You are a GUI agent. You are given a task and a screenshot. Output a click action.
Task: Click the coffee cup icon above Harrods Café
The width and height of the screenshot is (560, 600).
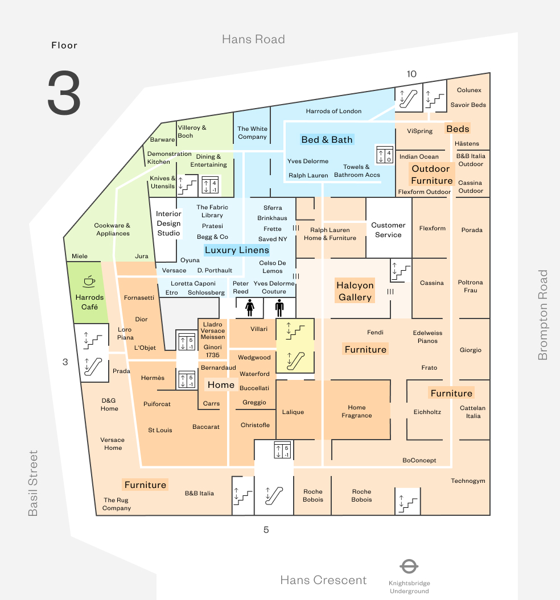[x=89, y=280]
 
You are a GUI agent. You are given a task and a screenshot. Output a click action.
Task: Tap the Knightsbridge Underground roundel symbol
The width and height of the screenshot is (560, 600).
[x=409, y=566]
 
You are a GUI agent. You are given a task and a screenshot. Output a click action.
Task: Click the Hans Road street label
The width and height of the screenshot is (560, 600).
[x=253, y=39]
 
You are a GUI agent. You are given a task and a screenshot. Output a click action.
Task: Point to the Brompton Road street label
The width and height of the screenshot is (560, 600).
[x=543, y=315]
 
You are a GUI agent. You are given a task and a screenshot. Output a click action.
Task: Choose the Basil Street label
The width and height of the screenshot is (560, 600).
[x=34, y=483]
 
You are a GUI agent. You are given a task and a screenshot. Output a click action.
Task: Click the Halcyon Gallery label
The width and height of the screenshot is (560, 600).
[x=355, y=291]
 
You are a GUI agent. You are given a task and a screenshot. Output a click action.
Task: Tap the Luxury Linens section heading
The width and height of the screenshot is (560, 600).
[x=237, y=250]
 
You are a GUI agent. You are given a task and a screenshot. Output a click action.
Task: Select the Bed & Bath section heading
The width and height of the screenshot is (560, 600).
[x=327, y=140]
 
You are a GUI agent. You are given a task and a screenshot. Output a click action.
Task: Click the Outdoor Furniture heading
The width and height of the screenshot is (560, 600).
[x=431, y=175]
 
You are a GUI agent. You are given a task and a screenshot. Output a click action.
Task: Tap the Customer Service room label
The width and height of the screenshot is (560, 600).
[x=388, y=230]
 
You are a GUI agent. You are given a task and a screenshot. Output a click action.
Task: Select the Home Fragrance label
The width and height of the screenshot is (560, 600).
[x=357, y=411]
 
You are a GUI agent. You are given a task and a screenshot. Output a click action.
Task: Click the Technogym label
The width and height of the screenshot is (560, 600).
[x=468, y=481]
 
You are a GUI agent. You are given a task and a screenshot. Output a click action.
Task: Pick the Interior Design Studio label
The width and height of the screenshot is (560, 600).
[x=168, y=224]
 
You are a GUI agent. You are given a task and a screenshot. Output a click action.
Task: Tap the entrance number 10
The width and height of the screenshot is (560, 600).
[x=411, y=74]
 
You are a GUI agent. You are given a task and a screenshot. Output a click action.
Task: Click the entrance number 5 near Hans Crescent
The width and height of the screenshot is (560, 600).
[x=266, y=530]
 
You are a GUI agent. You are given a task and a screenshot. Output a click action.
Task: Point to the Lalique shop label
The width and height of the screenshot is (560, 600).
[x=293, y=412]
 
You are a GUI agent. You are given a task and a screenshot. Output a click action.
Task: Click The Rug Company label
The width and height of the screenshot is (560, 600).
[x=116, y=504]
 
